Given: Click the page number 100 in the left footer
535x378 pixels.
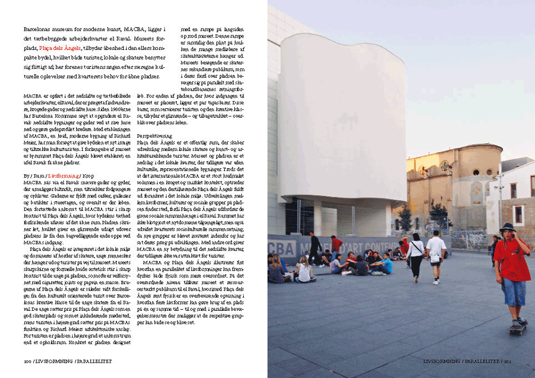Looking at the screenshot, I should (x=27, y=361).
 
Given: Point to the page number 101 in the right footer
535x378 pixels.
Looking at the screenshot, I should (x=508, y=361).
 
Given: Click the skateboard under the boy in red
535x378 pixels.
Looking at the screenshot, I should (x=516, y=327).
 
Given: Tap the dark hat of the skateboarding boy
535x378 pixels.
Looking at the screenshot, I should (x=507, y=227).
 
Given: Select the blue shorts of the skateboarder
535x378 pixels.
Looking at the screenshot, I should (x=513, y=291).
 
